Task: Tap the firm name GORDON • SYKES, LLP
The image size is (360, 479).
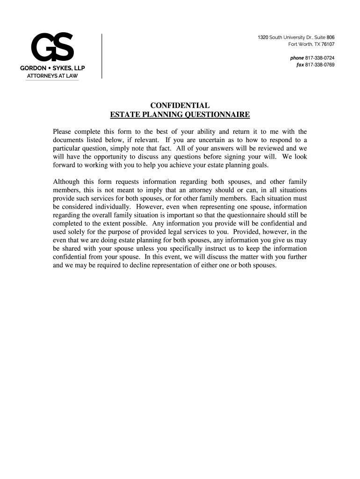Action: point(52,68)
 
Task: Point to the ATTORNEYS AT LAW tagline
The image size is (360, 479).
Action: point(52,76)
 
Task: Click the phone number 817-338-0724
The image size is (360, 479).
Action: point(320,58)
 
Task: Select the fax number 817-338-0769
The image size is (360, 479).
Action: point(320,65)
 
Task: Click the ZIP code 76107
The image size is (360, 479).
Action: point(328,44)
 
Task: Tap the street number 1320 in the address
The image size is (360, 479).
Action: point(263,37)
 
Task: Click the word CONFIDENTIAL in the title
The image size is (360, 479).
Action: point(180,106)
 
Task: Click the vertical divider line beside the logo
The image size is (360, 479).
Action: point(101,56)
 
